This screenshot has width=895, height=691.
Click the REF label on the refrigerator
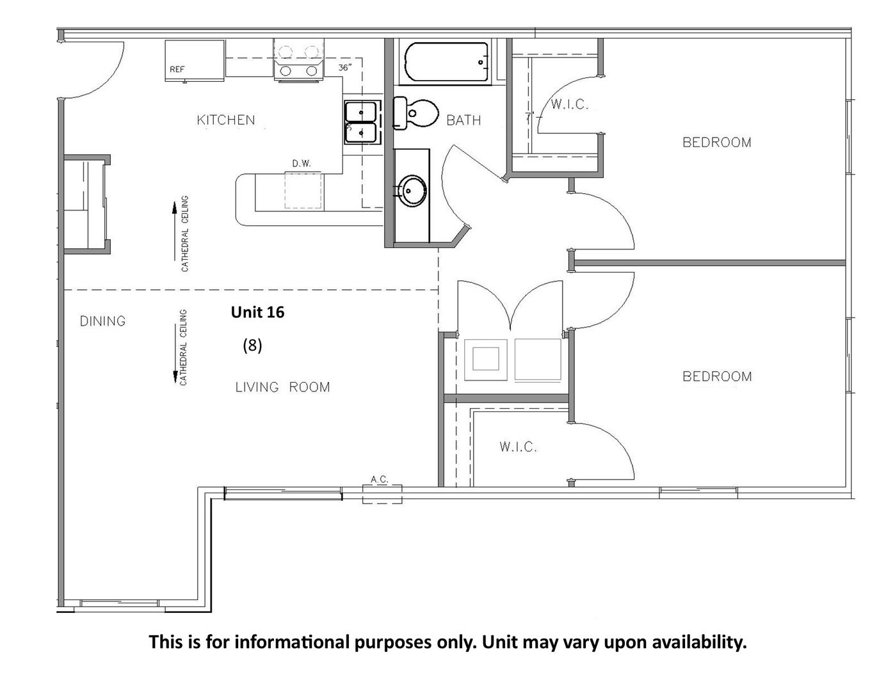[177, 69]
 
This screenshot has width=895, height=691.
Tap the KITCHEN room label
[226, 120]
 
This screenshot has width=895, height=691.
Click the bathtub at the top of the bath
[446, 62]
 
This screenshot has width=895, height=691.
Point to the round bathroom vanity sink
[413, 191]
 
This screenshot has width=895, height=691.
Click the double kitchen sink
[361, 122]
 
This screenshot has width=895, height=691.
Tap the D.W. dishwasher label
[302, 164]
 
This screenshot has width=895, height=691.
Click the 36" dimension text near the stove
[345, 67]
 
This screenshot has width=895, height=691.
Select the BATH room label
[464, 120]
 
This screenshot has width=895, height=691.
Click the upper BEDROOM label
[717, 143]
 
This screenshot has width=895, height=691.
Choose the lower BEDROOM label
[717, 376]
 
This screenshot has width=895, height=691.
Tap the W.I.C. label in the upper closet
[570, 104]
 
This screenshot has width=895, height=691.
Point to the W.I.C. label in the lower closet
[518, 447]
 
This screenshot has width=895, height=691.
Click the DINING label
[102, 321]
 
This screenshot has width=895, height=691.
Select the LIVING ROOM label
[282, 387]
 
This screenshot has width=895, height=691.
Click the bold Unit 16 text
[257, 312]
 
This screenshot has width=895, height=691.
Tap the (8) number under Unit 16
[252, 345]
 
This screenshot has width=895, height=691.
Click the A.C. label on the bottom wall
[380, 479]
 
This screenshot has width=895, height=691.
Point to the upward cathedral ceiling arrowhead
[175, 208]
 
